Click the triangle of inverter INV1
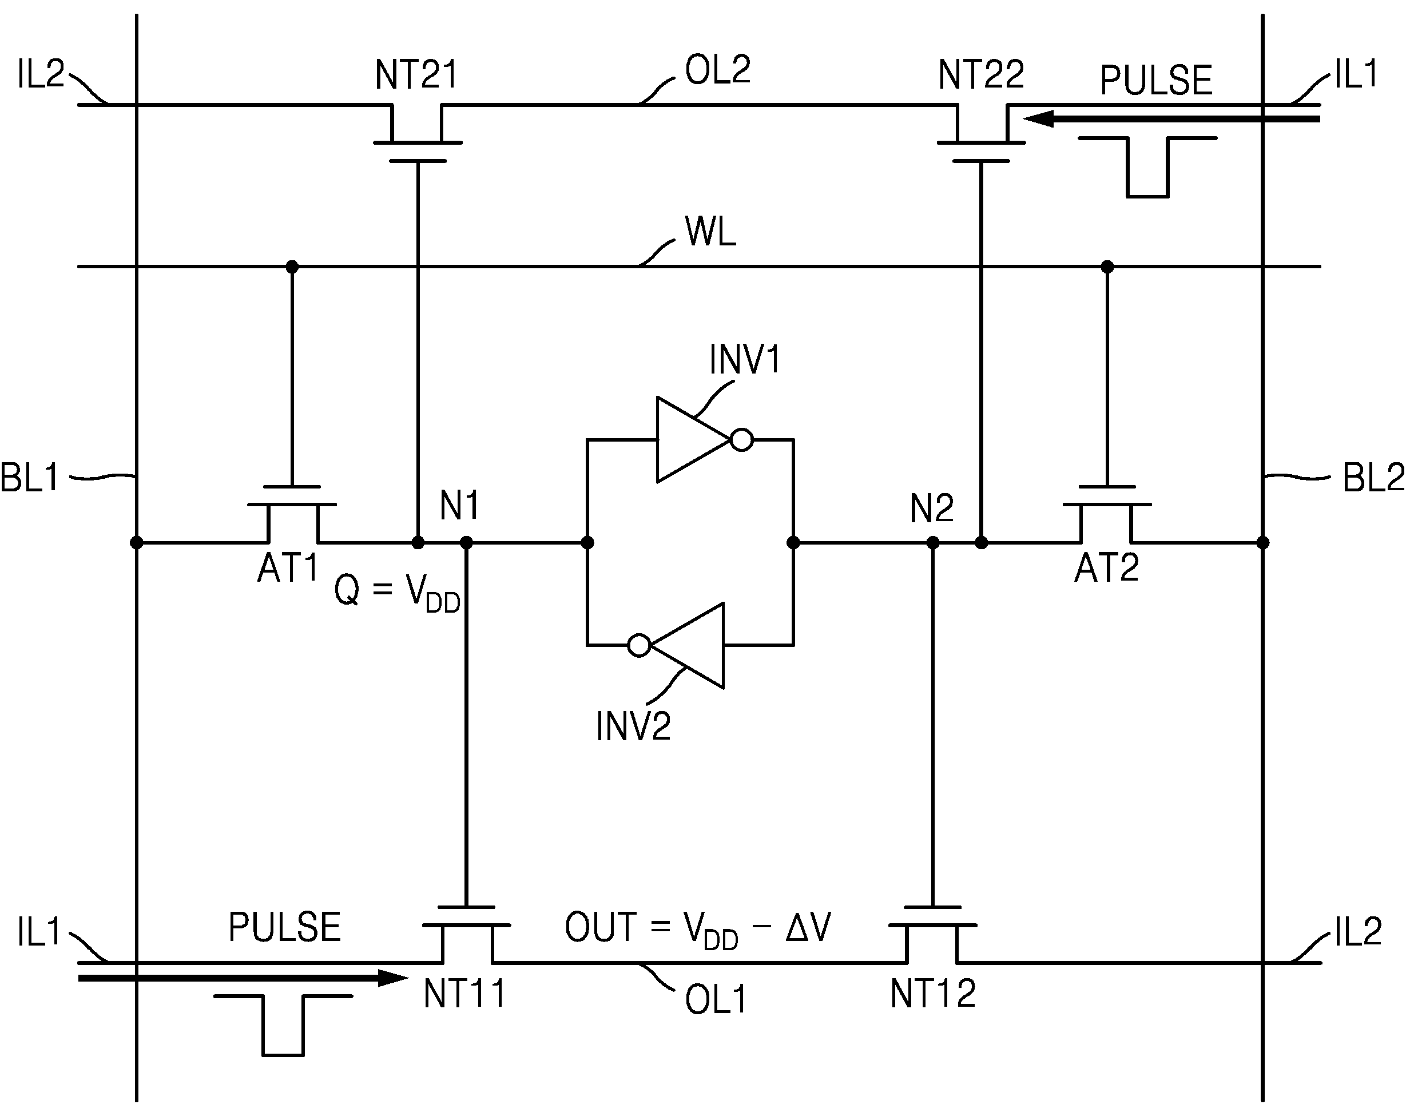(693, 440)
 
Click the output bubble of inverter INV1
(742, 440)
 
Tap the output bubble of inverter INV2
(639, 645)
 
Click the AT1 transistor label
(287, 567)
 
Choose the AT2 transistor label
(1107, 567)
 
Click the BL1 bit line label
(29, 478)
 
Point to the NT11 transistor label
(464, 994)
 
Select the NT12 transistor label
(933, 994)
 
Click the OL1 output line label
(716, 999)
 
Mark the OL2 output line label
(717, 69)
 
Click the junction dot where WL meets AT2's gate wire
(1107, 267)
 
